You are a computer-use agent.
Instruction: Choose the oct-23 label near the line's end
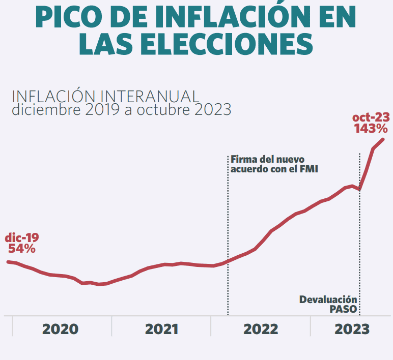(x=371, y=118)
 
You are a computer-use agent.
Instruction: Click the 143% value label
(x=372, y=129)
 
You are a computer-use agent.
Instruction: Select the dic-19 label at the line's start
(x=22, y=237)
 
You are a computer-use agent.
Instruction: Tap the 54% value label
(x=22, y=249)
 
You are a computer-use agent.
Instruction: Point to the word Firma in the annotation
(x=243, y=159)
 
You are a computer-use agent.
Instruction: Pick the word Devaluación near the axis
(x=328, y=299)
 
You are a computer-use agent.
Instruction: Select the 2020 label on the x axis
(x=60, y=329)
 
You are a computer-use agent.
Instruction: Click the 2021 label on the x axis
(x=161, y=329)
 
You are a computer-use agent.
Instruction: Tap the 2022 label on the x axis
(x=261, y=329)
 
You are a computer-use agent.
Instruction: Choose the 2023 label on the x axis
(x=352, y=329)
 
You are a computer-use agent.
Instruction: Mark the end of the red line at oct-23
(x=383, y=139)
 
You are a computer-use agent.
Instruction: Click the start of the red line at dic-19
(x=8, y=262)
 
